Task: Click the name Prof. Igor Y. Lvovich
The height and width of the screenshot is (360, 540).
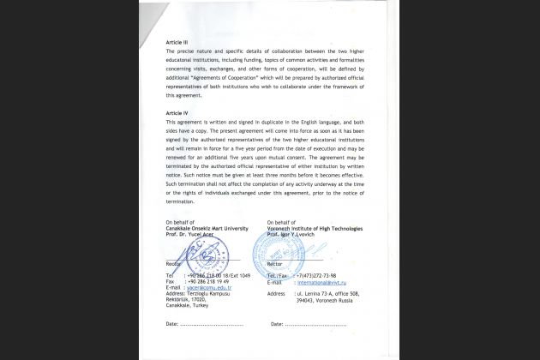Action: (x=297, y=235)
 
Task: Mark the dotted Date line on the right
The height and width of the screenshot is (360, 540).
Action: (x=315, y=325)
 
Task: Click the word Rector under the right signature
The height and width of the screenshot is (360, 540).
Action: (x=274, y=264)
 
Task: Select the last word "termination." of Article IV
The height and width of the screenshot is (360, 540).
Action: (x=181, y=201)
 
